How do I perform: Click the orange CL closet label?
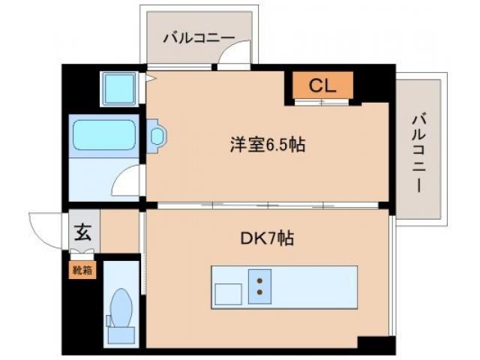321,85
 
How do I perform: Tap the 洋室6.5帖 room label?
266,145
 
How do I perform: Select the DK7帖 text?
266,238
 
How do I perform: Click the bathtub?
103,136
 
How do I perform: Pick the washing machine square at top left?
119,89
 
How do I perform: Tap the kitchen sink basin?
228,293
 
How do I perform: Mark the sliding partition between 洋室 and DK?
266,204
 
